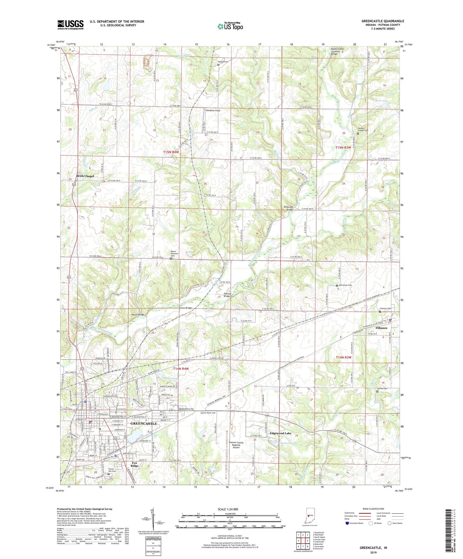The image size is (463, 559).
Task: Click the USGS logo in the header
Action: click(70, 24)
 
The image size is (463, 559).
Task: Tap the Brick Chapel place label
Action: click(85, 176)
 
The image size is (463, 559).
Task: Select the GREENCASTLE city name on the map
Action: click(144, 424)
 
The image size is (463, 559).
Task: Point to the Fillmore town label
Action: click(381, 328)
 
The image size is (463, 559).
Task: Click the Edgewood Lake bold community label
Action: click(280, 433)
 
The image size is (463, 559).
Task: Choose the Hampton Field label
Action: click(213, 110)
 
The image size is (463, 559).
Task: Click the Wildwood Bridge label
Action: click(288, 208)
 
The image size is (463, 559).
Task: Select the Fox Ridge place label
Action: click(135, 464)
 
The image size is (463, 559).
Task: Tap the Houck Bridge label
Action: click(138, 315)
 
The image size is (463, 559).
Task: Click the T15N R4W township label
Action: click(170, 152)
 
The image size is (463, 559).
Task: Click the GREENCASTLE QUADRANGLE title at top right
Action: click(383, 21)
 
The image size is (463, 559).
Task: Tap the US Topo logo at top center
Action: click(230, 26)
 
